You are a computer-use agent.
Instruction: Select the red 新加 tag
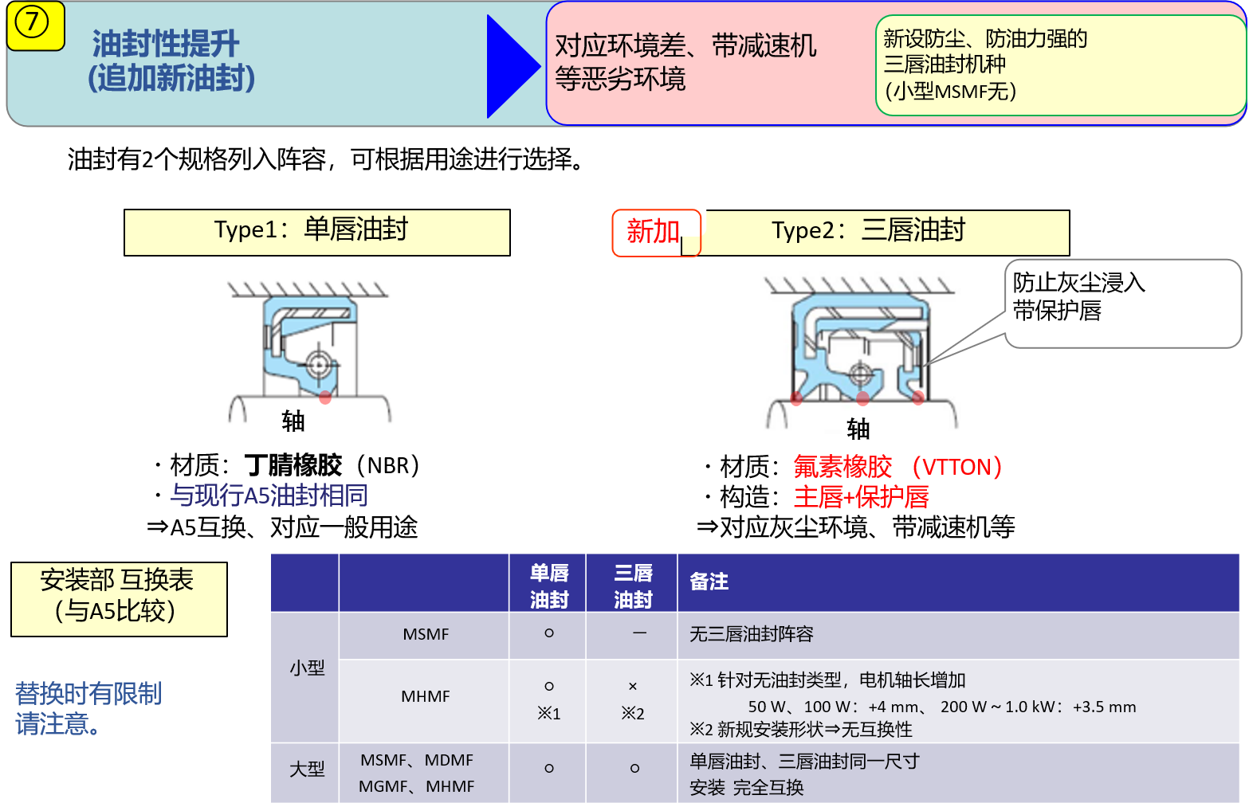click(656, 233)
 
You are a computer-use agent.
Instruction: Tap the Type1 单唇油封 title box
click(316, 233)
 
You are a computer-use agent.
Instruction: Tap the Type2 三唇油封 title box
click(886, 233)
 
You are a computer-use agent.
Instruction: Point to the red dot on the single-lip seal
click(325, 397)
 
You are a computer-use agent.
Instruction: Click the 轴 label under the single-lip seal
click(293, 421)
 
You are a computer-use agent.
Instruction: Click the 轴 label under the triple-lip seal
click(858, 429)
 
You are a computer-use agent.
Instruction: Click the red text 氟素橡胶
click(842, 466)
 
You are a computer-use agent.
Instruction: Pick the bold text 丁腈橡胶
click(293, 465)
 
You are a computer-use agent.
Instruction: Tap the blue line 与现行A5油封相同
click(269, 495)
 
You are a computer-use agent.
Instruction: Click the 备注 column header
click(709, 582)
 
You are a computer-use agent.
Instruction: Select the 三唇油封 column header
click(633, 586)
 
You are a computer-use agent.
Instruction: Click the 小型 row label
click(307, 667)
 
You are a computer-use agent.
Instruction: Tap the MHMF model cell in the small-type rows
click(426, 696)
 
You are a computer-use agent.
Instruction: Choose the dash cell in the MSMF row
click(639, 633)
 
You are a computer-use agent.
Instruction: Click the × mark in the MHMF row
click(632, 687)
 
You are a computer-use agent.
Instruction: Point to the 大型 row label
click(307, 769)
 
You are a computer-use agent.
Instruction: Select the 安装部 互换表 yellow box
click(119, 598)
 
